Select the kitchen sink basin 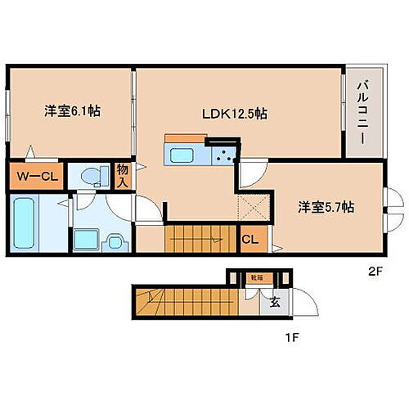pos(179,155)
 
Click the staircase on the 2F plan pos(201,239)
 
